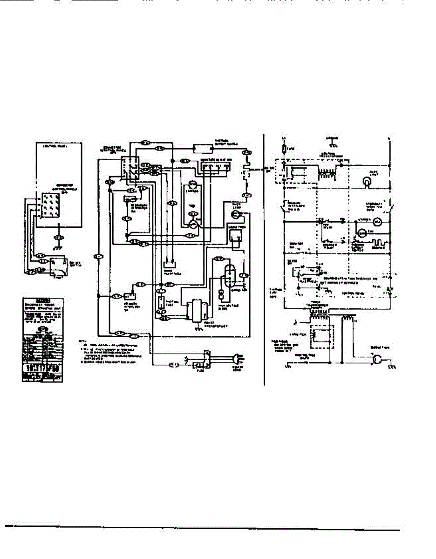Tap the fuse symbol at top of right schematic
(x=285, y=149)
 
